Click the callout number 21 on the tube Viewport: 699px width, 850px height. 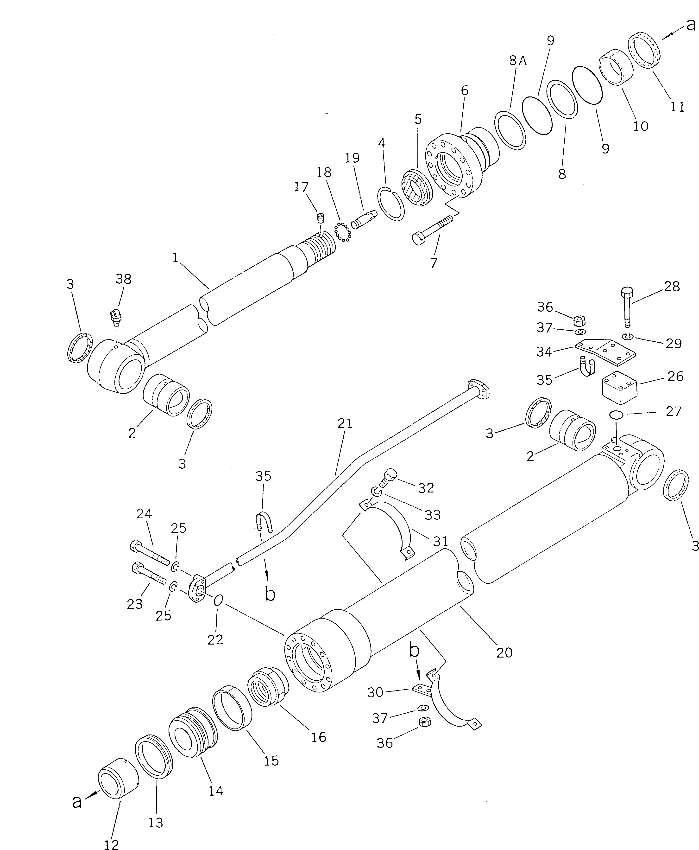click(x=345, y=423)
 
